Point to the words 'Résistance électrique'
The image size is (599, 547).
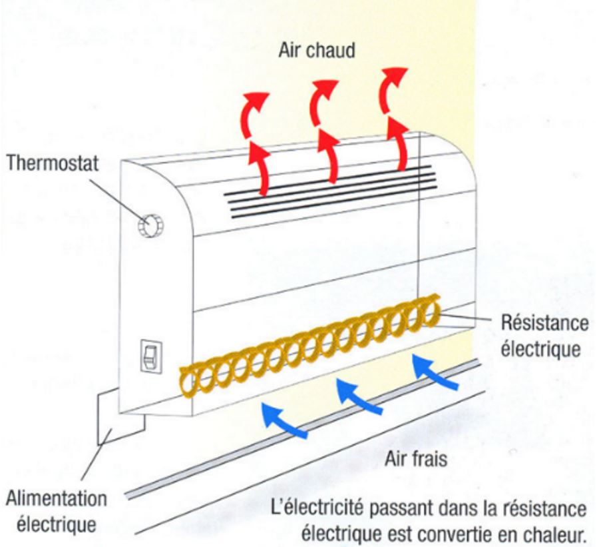coord(544,336)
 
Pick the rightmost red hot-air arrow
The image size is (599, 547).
coord(395,120)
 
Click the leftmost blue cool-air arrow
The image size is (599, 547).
coord(284,420)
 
